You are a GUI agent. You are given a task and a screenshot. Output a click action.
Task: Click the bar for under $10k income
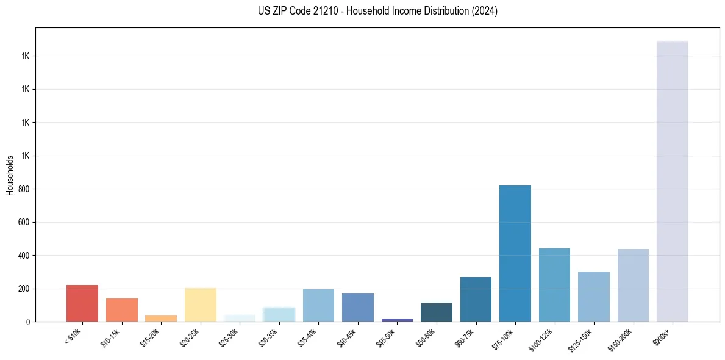pos(82,303)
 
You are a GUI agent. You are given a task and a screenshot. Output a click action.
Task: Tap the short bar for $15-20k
pos(161,319)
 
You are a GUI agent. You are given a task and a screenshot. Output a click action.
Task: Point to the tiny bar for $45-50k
pos(397,320)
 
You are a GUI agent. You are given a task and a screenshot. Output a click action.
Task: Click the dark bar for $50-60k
pos(437,312)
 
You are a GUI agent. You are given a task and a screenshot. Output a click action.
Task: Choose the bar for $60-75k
pos(476,300)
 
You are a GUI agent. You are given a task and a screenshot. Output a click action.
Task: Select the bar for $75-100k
pos(515,253)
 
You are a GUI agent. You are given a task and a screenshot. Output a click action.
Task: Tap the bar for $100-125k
pos(554,285)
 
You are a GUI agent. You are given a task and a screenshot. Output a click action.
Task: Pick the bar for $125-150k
pos(594,297)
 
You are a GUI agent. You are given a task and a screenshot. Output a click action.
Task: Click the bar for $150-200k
pos(633,286)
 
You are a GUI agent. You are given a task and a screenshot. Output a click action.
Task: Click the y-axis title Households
pos(10,175)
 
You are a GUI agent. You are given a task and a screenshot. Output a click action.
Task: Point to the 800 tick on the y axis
pos(24,189)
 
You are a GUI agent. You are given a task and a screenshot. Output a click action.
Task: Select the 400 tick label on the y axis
pos(24,256)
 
